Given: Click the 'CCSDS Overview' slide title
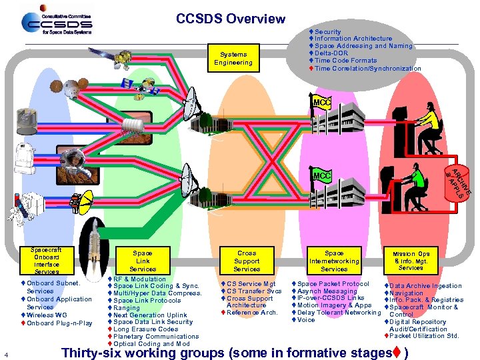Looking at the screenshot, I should coord(231,19).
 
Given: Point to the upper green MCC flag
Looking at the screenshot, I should coord(321,103).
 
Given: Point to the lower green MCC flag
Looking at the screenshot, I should coord(321,175).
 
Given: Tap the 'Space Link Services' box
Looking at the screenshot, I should coord(143,261).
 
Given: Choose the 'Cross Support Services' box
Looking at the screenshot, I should coord(247,261).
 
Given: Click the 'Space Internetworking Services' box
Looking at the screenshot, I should coord(334,261).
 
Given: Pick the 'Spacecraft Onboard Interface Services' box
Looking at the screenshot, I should coord(47,261).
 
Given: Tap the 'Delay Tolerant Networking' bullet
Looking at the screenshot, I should coord(339,313).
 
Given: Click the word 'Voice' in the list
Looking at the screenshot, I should coord(306,320).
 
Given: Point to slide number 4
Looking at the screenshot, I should coord(6,353).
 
